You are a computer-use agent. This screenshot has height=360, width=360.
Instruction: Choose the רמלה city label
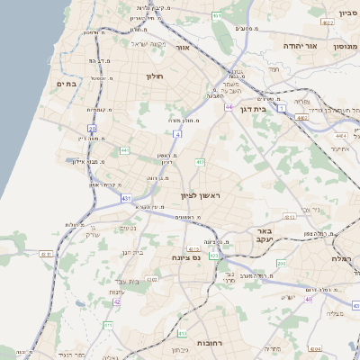click(x=346, y=256)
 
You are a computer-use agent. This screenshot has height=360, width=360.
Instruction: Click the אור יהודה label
click(x=295, y=45)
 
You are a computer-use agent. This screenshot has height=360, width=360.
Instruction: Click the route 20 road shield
click(x=93, y=129)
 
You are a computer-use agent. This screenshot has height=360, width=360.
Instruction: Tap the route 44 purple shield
click(x=229, y=107)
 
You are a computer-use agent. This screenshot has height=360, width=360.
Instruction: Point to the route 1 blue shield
click(x=282, y=107)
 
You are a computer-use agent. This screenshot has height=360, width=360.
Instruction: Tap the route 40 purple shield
click(x=308, y=299)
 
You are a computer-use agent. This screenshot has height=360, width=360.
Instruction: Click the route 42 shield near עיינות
click(x=117, y=302)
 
